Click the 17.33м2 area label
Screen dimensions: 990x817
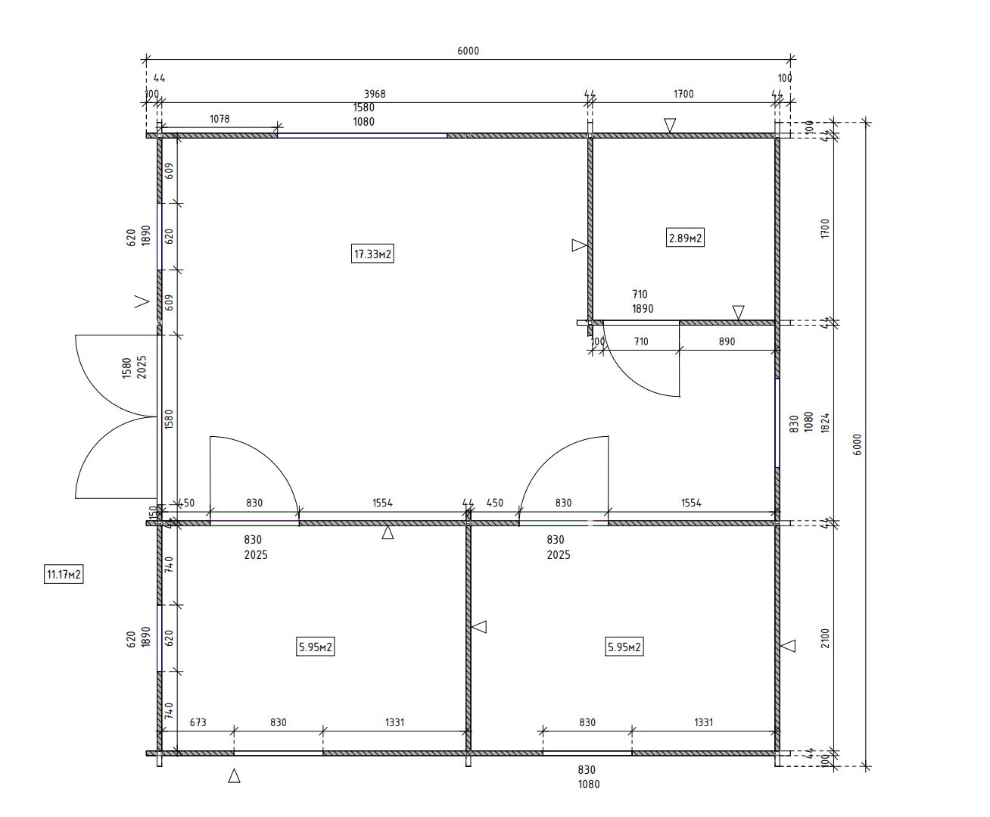(372, 254)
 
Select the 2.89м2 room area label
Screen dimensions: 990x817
(685, 238)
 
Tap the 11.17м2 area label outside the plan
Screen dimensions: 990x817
(64, 575)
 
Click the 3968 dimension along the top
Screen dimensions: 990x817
(375, 94)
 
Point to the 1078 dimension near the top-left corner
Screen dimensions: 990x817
(219, 119)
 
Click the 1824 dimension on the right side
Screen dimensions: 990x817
(825, 423)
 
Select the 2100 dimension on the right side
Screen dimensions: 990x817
(825, 638)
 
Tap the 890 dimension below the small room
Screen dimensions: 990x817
(727, 341)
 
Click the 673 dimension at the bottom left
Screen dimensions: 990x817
(198, 722)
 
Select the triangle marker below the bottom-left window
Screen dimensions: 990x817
(234, 775)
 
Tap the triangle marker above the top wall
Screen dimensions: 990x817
(670, 125)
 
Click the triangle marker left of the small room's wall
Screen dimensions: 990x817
(580, 245)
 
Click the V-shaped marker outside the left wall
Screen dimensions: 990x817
(142, 301)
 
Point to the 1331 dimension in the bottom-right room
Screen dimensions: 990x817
(704, 722)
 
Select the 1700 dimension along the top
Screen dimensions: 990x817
(683, 94)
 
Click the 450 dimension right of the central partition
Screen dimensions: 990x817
(494, 503)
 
